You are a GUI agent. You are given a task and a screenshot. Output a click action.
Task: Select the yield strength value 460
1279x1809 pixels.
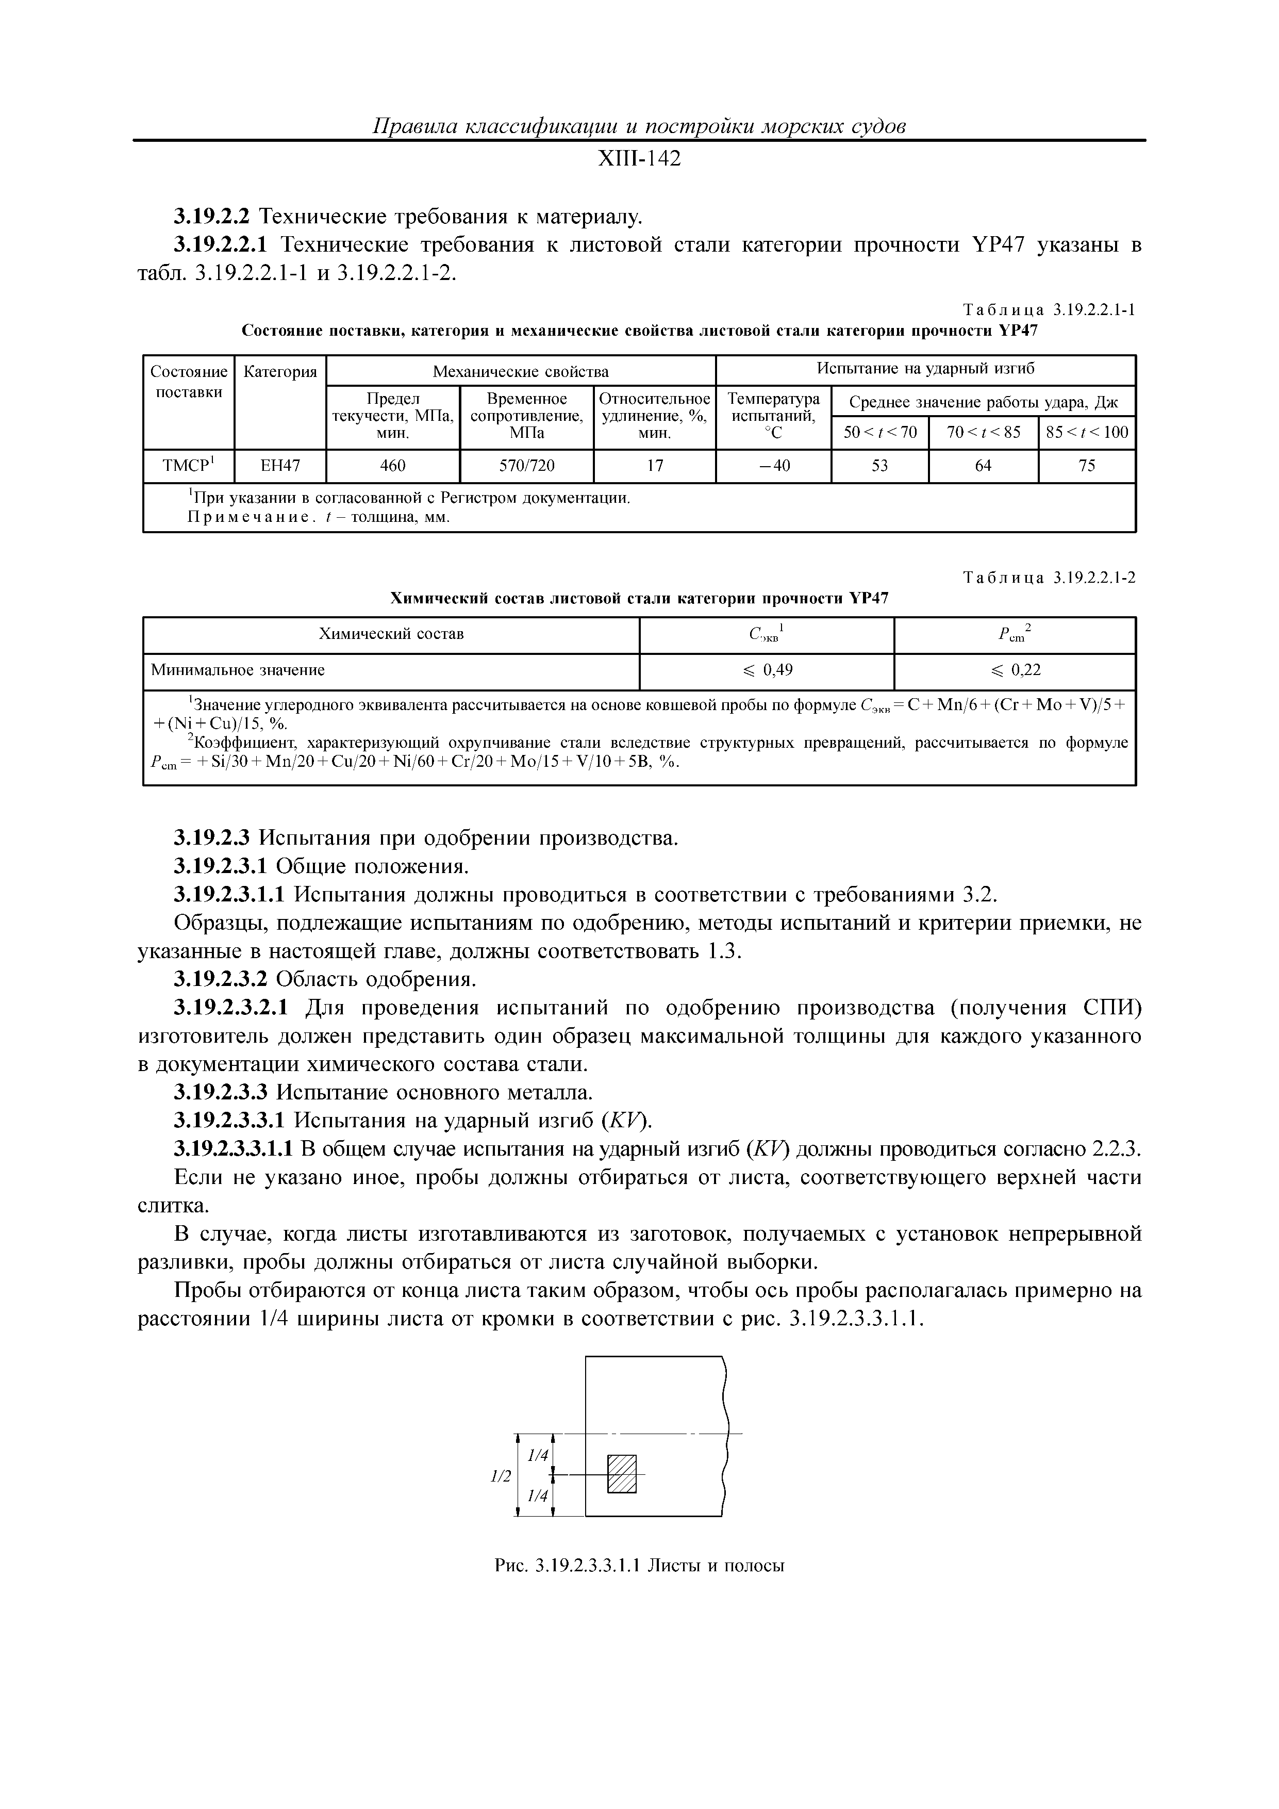392,466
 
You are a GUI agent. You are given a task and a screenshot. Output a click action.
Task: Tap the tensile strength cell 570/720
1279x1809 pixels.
526,466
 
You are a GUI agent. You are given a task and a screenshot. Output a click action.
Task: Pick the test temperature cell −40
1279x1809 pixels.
773,466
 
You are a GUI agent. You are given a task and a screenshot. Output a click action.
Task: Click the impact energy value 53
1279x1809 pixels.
879,466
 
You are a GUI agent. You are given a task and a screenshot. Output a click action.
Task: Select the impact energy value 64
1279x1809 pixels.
983,466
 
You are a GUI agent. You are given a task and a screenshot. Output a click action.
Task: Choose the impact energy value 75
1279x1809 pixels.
1087,466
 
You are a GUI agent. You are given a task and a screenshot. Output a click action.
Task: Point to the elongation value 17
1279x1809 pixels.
655,466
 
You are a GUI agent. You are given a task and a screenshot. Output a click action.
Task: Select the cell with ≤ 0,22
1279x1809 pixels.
1015,670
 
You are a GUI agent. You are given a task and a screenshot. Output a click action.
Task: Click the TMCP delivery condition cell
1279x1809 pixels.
188,466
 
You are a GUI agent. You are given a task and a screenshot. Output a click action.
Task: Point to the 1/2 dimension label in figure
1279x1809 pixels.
501,1476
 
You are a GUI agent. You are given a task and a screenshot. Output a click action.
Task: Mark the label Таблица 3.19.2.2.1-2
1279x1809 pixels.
1049,578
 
